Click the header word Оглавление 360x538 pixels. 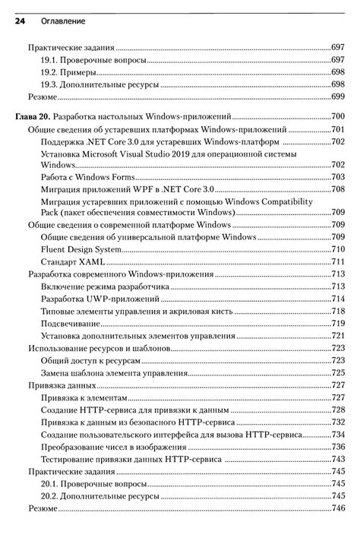tap(58, 23)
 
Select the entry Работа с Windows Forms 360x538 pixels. tap(92, 176)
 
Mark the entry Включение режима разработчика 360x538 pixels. tap(106, 286)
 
